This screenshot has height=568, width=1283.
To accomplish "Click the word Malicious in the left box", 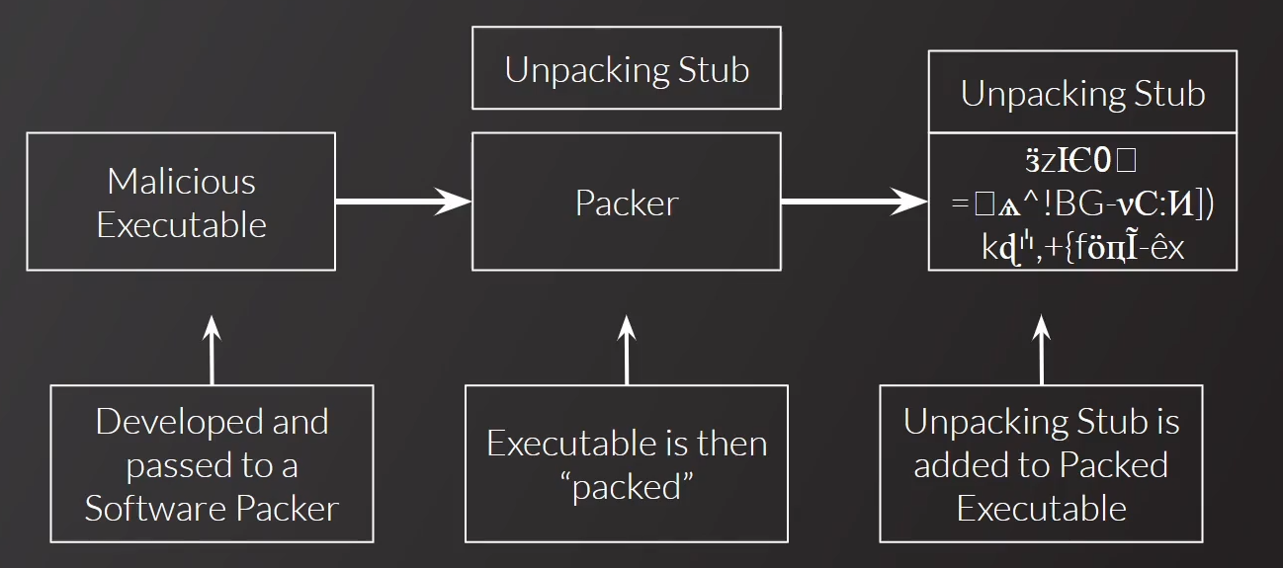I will [181, 182].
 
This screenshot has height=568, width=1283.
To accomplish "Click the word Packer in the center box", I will [627, 203].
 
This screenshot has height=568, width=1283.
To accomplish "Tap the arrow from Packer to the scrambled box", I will [854, 203].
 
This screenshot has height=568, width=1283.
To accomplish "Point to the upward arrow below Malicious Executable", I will [212, 350].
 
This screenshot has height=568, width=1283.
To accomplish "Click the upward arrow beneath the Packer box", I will [626, 350].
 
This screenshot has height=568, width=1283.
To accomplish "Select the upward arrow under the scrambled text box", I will [1041, 350].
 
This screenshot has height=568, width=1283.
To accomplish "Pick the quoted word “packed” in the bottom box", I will [626, 487].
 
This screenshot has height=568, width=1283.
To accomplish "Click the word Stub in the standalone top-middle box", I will [714, 70].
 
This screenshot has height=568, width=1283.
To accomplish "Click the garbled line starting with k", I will [1082, 248].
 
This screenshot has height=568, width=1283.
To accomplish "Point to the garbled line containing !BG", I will [1082, 204].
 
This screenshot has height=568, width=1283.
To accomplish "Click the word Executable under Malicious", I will [181, 225].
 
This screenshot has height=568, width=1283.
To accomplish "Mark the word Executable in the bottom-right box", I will [1041, 509].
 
